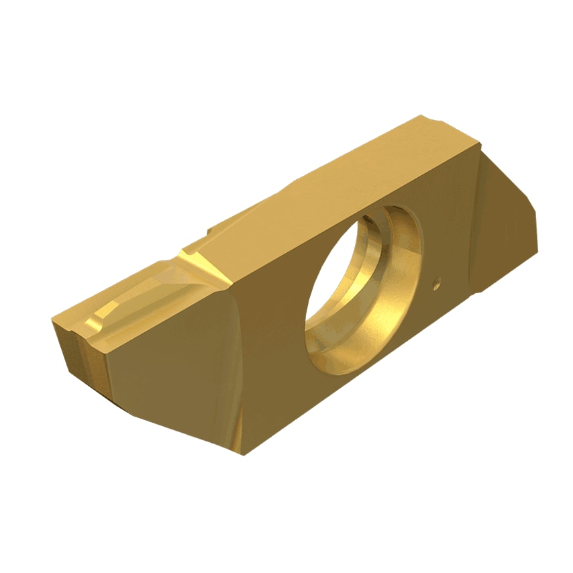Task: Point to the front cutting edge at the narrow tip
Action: pyautogui.click(x=67, y=322)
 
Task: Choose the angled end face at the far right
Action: pyautogui.click(x=507, y=228)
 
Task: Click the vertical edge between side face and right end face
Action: pyautogui.click(x=474, y=221)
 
